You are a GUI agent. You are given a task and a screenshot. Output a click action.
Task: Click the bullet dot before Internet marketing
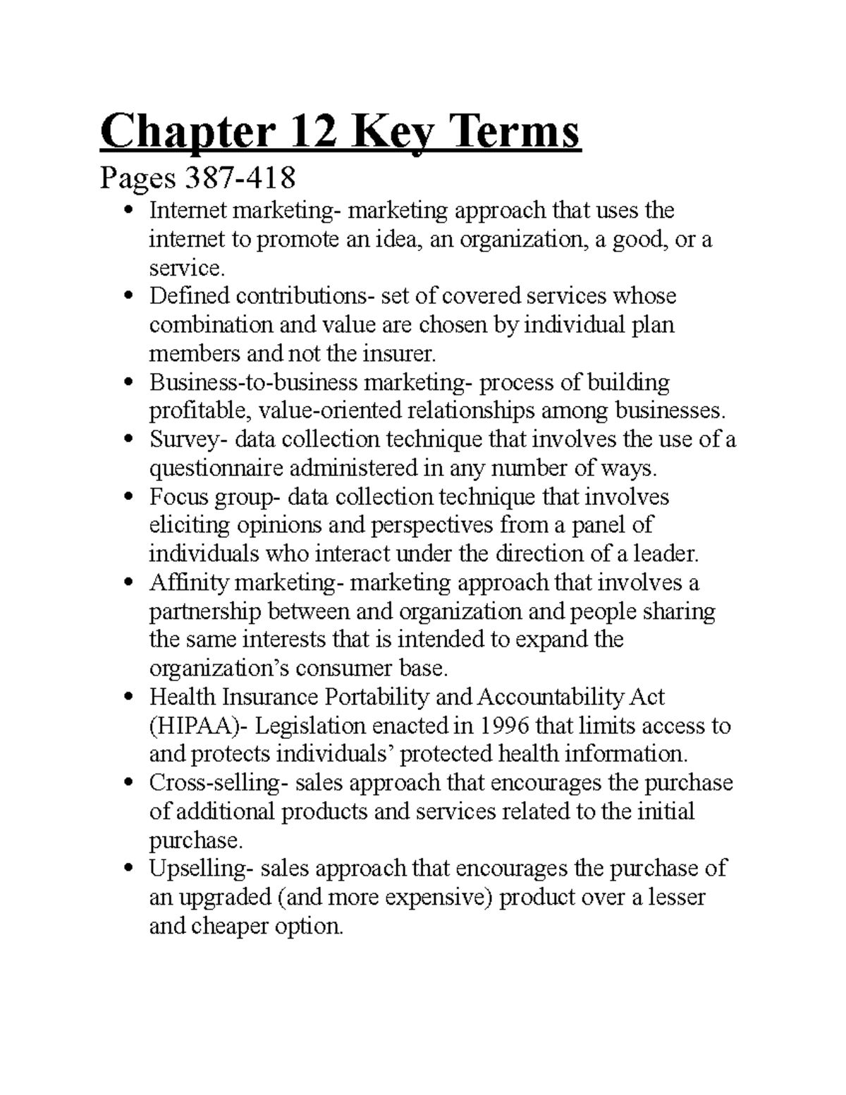click(128, 211)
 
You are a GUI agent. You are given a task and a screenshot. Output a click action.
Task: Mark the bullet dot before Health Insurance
click(128, 698)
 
